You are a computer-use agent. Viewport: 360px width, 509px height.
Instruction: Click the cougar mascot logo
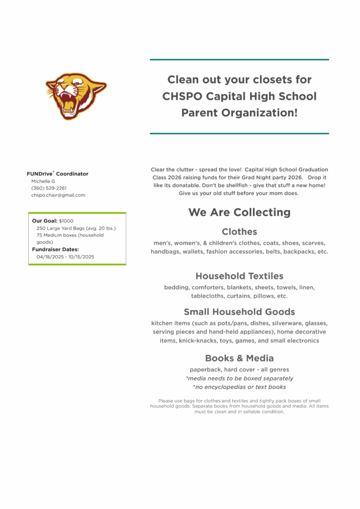click(76, 95)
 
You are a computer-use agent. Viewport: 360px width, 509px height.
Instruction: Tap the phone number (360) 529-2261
click(49, 188)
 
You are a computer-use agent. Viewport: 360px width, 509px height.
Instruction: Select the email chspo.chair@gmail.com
click(58, 195)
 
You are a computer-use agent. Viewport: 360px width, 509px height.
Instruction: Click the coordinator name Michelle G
click(43, 181)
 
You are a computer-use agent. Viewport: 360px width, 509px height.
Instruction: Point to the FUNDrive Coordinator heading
click(58, 174)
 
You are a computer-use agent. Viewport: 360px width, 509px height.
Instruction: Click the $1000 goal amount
click(66, 221)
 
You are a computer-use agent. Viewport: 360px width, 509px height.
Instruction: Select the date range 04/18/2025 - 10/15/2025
click(65, 257)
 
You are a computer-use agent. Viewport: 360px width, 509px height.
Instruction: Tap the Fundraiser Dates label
click(55, 250)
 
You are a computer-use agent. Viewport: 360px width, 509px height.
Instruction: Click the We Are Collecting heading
click(239, 212)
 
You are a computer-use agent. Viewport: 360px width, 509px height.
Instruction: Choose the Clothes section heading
click(239, 232)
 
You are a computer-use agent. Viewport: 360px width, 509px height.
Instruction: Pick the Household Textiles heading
click(239, 276)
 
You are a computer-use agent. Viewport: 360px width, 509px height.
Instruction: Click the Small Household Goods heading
click(239, 312)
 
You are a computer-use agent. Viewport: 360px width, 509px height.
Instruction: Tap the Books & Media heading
click(239, 358)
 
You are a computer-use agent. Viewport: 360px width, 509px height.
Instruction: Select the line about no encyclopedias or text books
click(239, 387)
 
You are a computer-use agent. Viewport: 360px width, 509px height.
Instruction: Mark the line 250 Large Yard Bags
click(76, 228)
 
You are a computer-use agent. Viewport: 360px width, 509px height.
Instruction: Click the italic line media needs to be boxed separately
click(239, 379)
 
